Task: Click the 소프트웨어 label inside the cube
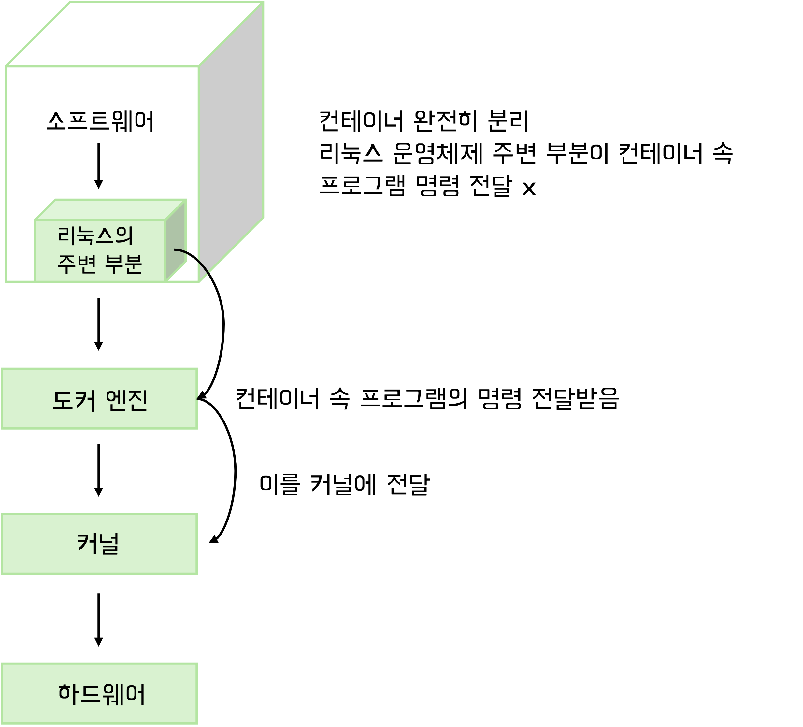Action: point(100,121)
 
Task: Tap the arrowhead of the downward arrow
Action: point(98,184)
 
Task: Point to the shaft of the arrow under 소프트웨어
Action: point(98,161)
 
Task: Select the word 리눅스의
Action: point(95,235)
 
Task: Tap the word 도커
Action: point(74,400)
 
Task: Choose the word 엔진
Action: point(127,400)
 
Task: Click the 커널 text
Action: point(98,543)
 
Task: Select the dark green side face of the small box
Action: point(175,241)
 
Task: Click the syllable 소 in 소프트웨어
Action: point(56,121)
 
